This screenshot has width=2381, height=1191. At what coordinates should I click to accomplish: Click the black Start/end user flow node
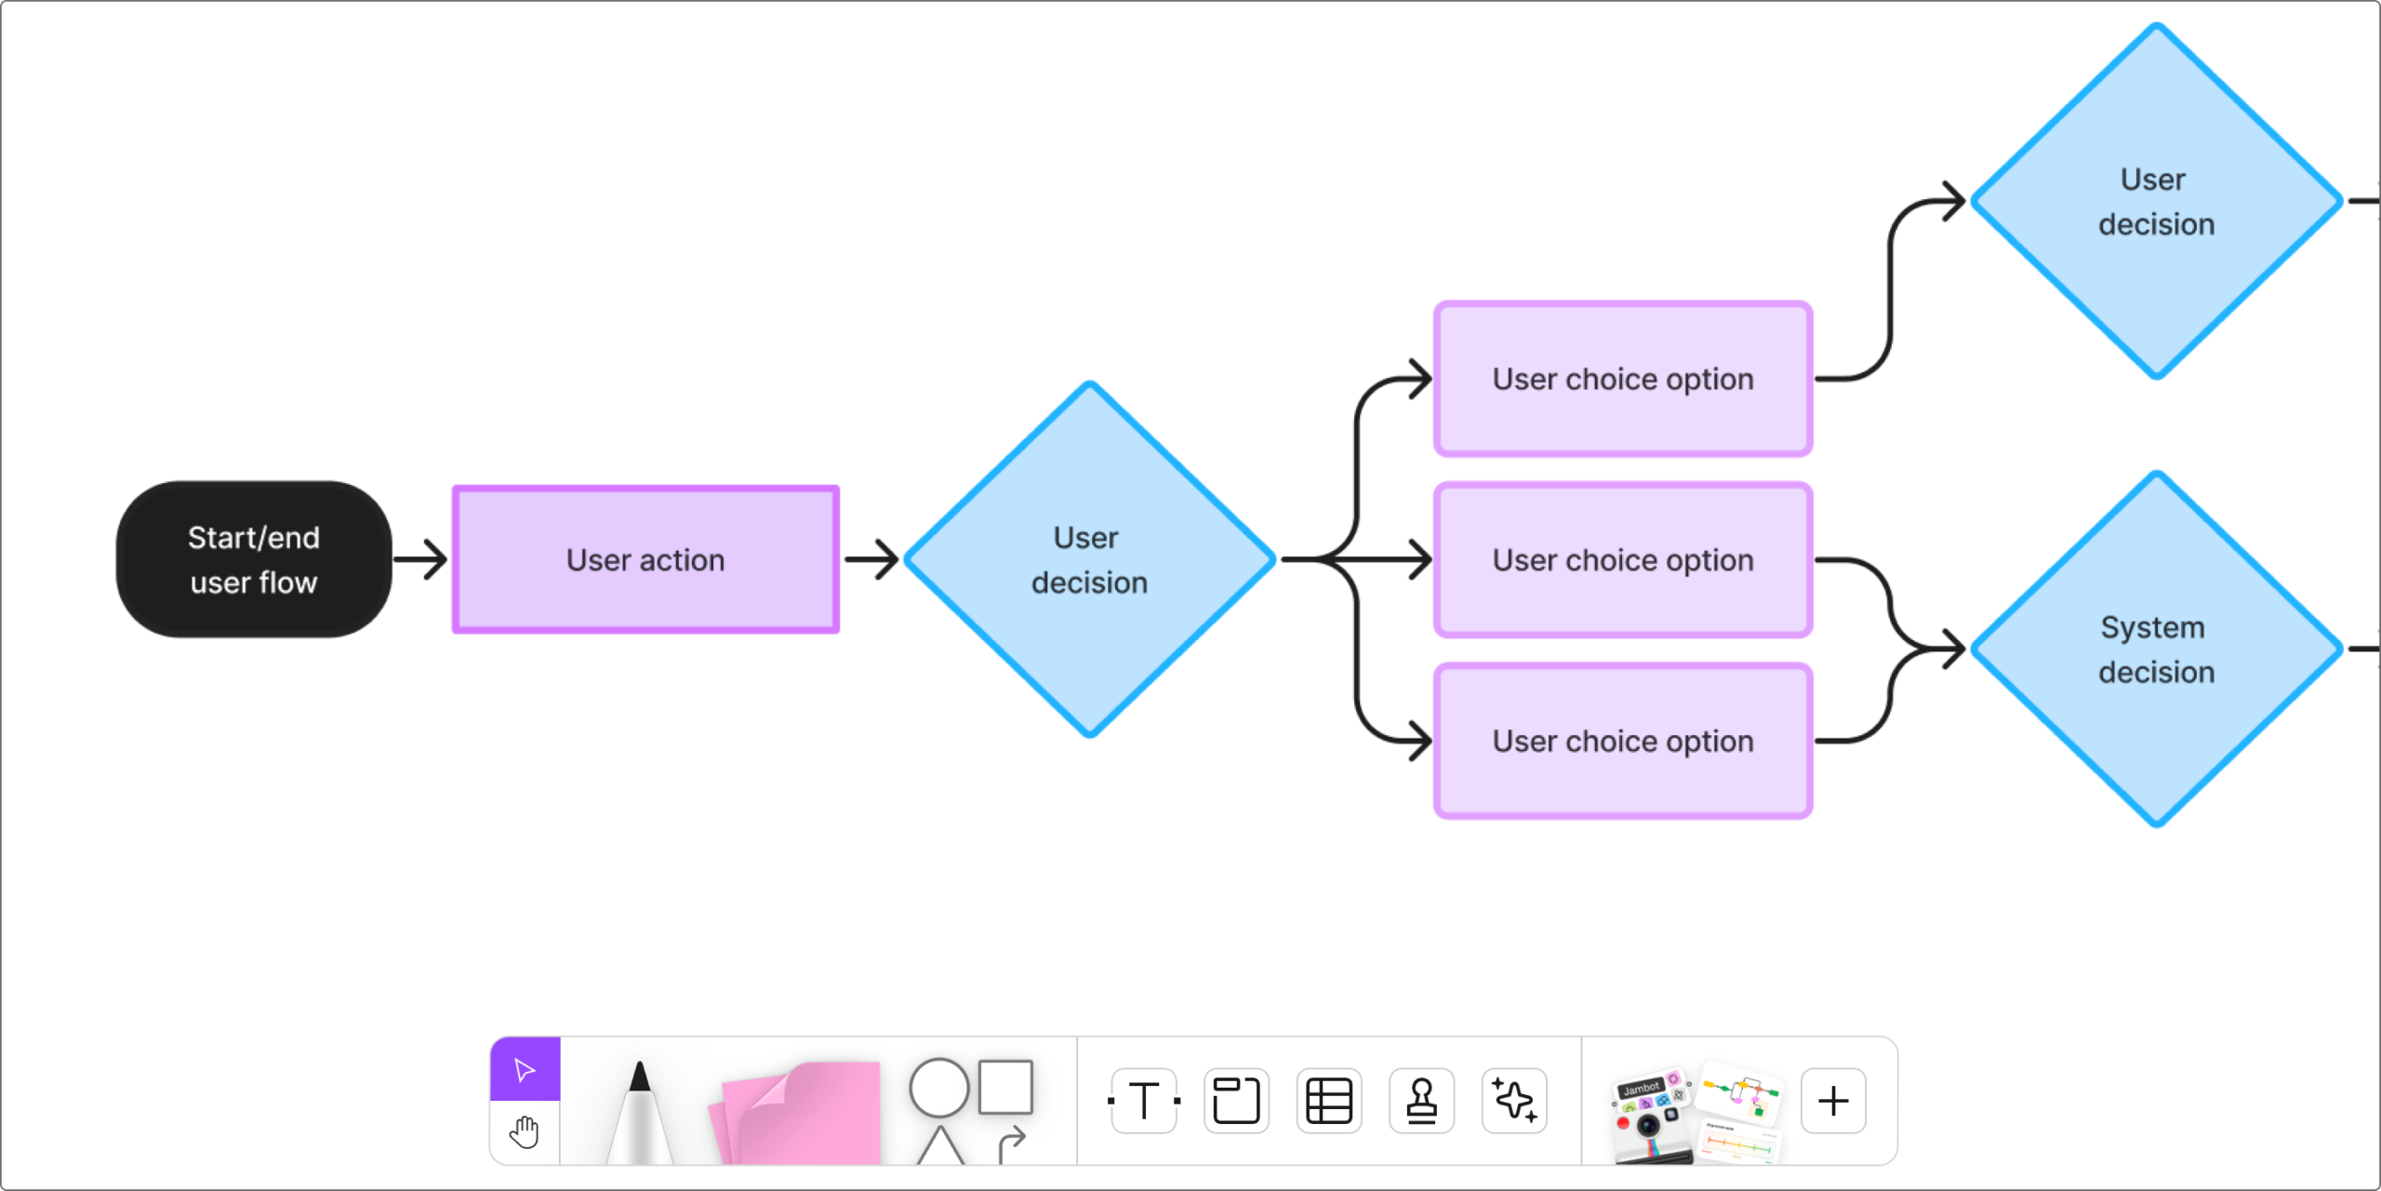click(253, 559)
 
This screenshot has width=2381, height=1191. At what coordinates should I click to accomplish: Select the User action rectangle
click(645, 559)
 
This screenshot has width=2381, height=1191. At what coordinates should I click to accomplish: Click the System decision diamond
click(2156, 649)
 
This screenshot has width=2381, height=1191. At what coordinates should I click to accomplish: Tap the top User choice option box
click(1623, 379)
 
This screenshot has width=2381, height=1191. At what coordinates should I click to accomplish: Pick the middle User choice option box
click(1623, 559)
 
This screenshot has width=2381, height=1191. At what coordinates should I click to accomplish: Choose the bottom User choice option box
click(1623, 741)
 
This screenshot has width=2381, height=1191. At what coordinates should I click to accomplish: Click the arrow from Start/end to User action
click(420, 559)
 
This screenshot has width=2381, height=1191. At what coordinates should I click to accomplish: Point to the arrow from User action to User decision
click(871, 559)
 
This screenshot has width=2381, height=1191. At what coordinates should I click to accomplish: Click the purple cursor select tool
click(525, 1069)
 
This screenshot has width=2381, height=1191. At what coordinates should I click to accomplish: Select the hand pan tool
click(525, 1132)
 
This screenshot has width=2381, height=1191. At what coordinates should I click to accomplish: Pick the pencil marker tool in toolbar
click(639, 1112)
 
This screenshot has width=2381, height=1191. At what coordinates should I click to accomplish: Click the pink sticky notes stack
click(800, 1112)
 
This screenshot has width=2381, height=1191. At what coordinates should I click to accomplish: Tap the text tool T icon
click(1144, 1101)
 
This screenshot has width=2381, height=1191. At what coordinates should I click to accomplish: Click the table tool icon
click(1329, 1101)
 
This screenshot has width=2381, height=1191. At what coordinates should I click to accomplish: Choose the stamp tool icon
click(1421, 1101)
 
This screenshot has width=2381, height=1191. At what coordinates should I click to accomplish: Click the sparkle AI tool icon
click(1514, 1101)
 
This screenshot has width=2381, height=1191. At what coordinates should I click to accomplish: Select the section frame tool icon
click(1236, 1101)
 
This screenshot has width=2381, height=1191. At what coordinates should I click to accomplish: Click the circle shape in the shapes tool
click(938, 1087)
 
